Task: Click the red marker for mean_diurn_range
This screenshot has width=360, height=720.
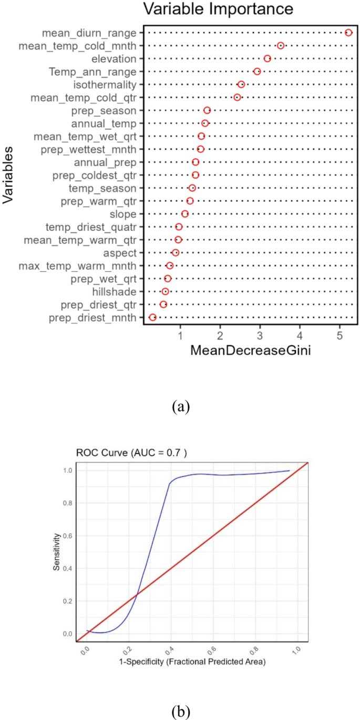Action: (x=348, y=33)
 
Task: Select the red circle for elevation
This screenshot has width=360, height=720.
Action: (x=267, y=58)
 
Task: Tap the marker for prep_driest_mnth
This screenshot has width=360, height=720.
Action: (x=152, y=317)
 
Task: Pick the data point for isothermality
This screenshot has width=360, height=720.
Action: (x=241, y=85)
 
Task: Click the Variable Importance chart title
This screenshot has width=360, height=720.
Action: (x=218, y=9)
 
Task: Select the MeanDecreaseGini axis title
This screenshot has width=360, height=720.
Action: (x=251, y=351)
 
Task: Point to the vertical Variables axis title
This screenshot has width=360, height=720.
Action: (x=8, y=175)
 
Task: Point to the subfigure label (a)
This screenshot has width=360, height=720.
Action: (x=180, y=406)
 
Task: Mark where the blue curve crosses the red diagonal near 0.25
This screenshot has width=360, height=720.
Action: (x=137, y=594)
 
